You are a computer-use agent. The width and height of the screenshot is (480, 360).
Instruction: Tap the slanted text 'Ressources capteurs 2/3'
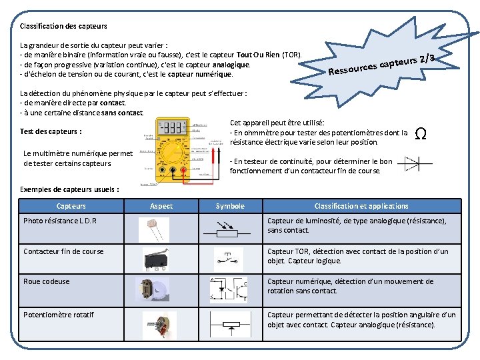(381, 64)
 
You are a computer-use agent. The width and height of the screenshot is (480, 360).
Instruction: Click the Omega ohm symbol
(421, 134)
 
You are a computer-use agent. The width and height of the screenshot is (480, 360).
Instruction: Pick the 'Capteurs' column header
(71, 207)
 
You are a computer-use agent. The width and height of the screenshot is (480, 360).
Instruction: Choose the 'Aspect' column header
(161, 207)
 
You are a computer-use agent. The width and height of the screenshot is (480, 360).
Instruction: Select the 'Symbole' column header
(230, 207)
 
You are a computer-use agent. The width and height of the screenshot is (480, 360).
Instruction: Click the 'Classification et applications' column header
(361, 207)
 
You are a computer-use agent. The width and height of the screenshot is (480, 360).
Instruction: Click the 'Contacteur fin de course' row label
(63, 251)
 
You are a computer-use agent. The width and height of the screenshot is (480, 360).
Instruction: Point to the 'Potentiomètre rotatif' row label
(59, 315)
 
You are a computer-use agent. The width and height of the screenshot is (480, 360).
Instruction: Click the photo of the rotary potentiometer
(159, 325)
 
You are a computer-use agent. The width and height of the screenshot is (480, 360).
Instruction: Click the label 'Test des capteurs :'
(51, 131)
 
